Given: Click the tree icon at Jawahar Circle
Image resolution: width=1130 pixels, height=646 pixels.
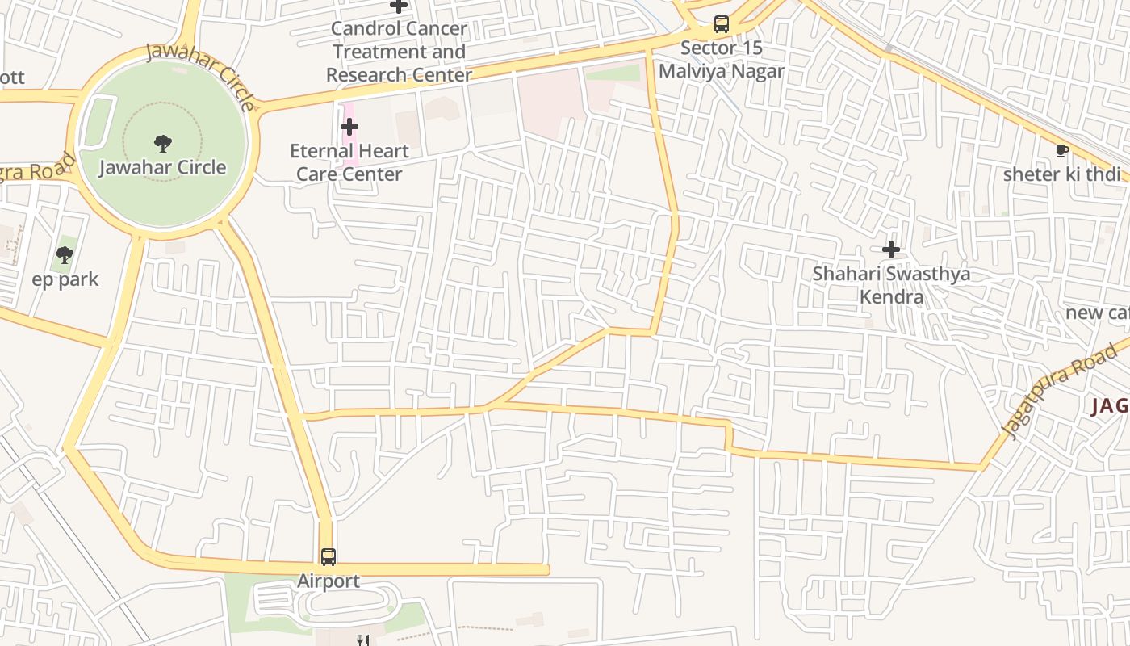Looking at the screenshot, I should click(x=162, y=144).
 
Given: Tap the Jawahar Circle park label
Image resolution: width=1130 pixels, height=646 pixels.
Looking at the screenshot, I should click(x=162, y=168).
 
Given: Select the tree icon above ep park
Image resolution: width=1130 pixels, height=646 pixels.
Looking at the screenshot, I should click(x=65, y=256).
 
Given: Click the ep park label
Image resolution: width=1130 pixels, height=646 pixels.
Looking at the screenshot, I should click(x=65, y=279).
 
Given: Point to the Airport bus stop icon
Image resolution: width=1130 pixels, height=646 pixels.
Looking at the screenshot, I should click(x=328, y=556).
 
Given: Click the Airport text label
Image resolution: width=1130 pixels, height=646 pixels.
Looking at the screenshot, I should click(x=328, y=581).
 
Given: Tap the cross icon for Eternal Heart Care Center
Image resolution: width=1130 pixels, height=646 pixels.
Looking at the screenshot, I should click(x=349, y=127).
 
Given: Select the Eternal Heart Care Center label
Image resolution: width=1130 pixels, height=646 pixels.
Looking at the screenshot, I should click(x=349, y=162).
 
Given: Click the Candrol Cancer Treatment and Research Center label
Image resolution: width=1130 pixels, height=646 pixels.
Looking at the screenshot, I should click(x=399, y=52).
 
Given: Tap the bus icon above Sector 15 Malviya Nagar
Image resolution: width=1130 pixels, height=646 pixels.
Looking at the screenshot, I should click(x=722, y=24).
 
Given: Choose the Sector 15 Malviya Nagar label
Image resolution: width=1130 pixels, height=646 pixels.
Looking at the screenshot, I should click(x=722, y=60).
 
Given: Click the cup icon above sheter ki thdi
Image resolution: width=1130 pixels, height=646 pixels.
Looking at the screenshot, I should click(x=1062, y=150).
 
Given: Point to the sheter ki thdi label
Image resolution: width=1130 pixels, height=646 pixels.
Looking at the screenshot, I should click(x=1061, y=174).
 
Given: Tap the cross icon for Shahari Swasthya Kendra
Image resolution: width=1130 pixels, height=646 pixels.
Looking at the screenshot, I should click(x=891, y=250).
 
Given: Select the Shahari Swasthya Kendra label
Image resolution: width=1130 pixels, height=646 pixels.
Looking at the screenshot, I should click(x=891, y=285).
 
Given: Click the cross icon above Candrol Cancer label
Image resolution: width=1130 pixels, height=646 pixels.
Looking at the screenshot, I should click(x=399, y=6).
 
